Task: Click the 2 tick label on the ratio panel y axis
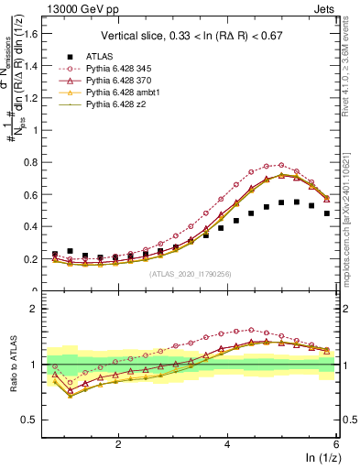click(x=38, y=309)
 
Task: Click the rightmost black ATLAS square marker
click(x=326, y=213)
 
